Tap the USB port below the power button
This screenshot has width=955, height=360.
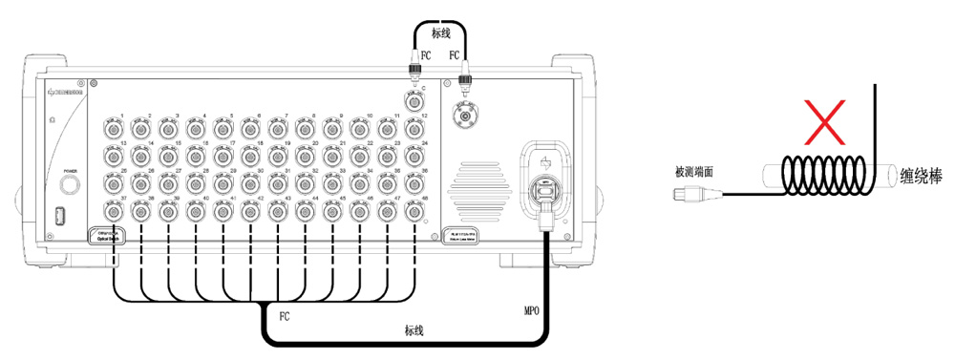[60, 213]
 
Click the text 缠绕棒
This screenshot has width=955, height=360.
[921, 176]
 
